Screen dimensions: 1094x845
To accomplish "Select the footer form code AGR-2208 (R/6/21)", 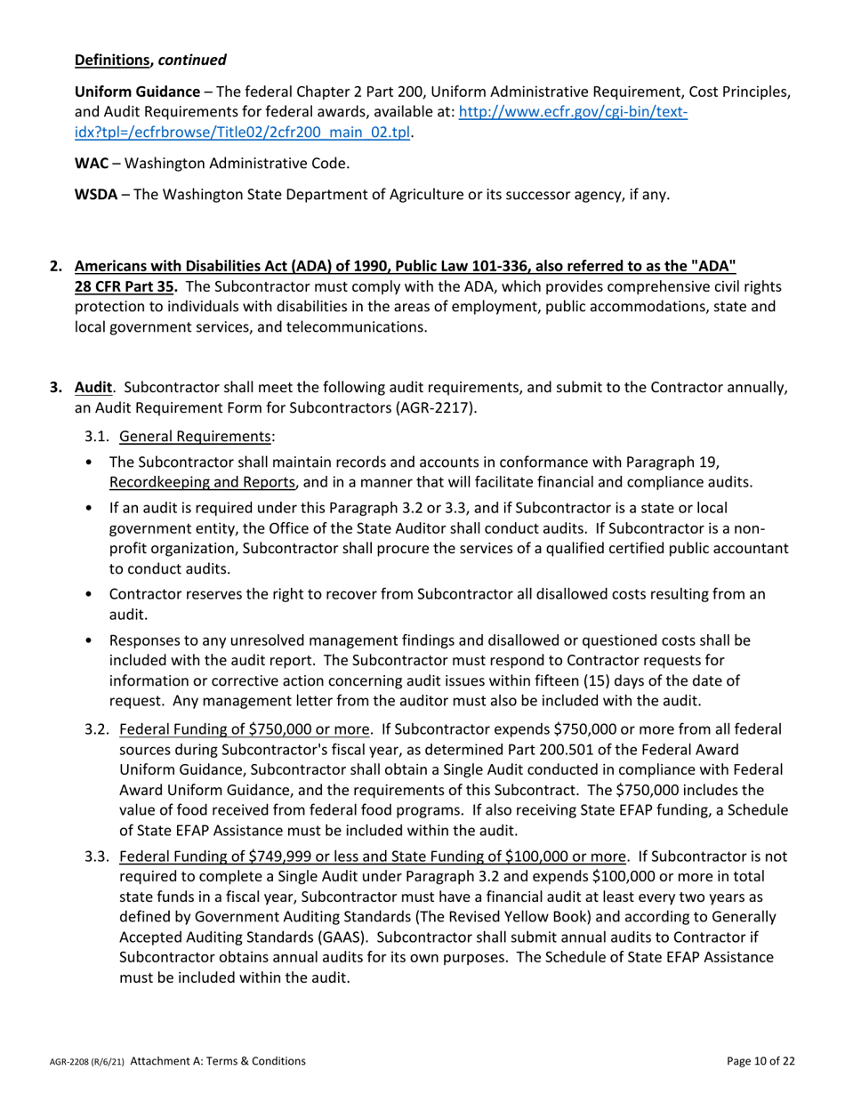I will (x=86, y=1062).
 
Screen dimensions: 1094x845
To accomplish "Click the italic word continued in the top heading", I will (x=192, y=60).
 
